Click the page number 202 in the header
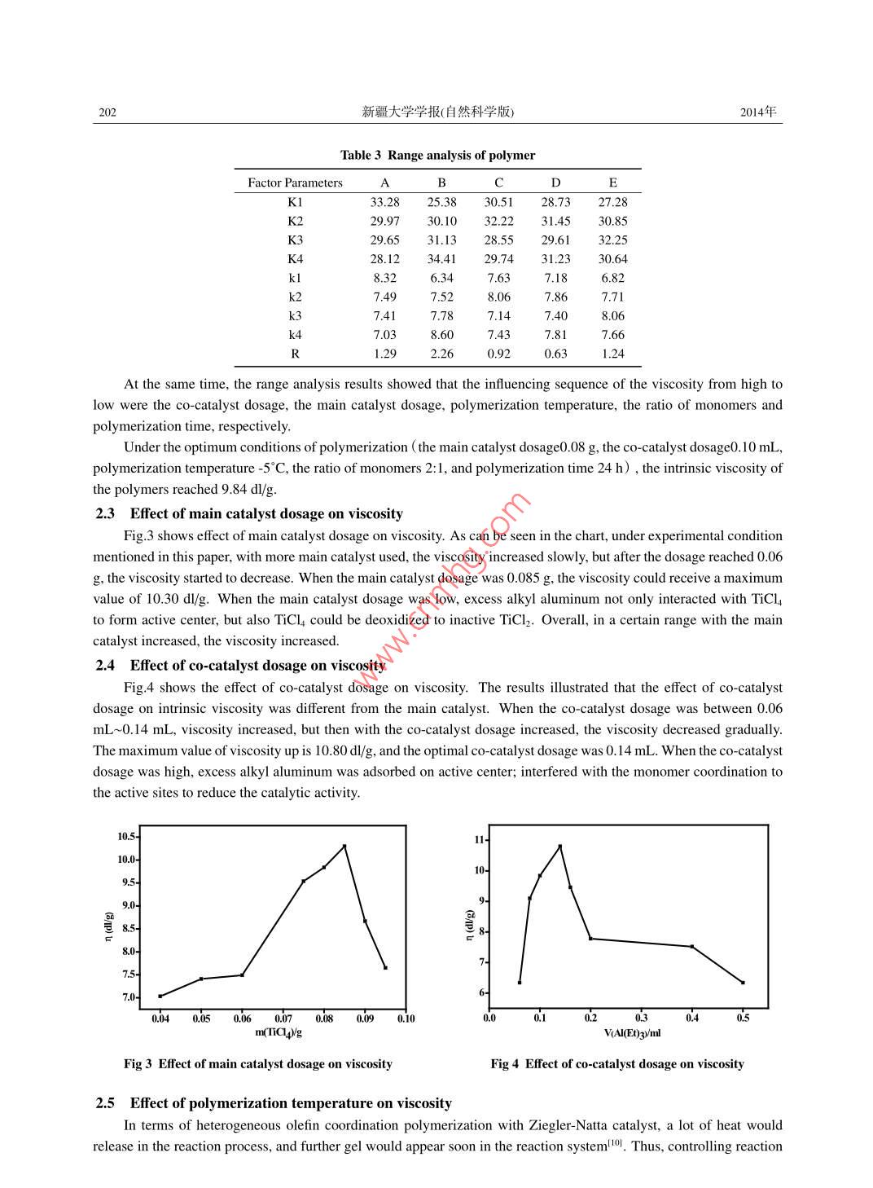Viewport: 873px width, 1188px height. click(107, 112)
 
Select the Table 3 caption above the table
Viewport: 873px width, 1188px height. click(437, 155)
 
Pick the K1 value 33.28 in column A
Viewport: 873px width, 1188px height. click(384, 202)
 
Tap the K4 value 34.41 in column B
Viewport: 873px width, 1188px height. click(441, 259)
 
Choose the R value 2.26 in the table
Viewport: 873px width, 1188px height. click(441, 354)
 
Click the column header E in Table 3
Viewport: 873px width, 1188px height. click(612, 183)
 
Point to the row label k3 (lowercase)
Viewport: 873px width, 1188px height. click(295, 316)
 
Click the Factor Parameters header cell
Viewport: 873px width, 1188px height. click(295, 183)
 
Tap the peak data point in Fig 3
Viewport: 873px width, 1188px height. click(344, 846)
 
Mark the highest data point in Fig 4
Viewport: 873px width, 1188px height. click(559, 847)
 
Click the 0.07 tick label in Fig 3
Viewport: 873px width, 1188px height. click(283, 1019)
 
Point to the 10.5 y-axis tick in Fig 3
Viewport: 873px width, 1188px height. click(126, 837)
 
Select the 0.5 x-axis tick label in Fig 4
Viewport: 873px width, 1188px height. click(743, 1018)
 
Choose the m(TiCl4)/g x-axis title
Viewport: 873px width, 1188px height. click(279, 1033)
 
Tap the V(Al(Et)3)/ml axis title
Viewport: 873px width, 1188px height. click(632, 1033)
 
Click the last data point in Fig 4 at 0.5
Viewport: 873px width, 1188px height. click(743, 983)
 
